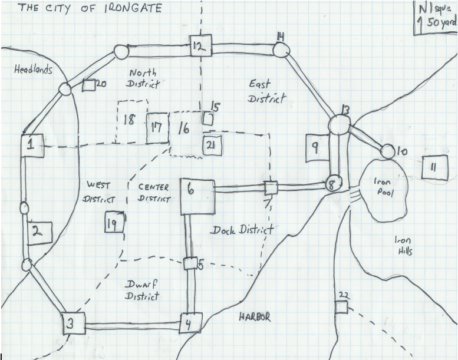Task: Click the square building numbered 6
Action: pyautogui.click(x=196, y=196)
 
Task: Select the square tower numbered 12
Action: pyautogui.click(x=200, y=45)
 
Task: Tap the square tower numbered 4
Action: pyautogui.click(x=190, y=323)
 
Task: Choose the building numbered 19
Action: pyautogui.click(x=114, y=223)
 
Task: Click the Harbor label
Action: pyautogui.click(x=255, y=317)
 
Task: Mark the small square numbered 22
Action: pyautogui.click(x=341, y=308)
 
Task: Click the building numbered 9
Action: pyautogui.click(x=316, y=148)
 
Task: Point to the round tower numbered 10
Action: pyautogui.click(x=387, y=151)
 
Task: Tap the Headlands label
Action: pyautogui.click(x=33, y=70)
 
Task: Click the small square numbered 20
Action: pyautogui.click(x=89, y=85)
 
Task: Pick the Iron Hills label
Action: pyautogui.click(x=404, y=246)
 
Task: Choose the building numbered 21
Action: pyautogui.click(x=212, y=146)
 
